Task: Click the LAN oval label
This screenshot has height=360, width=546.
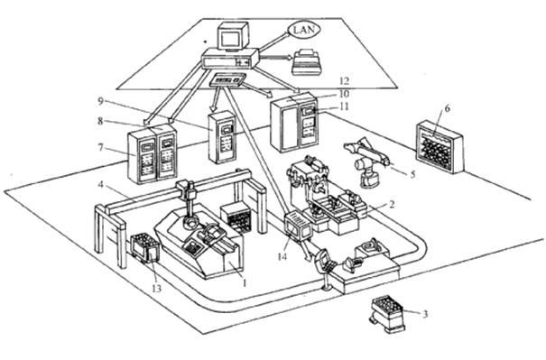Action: [304, 30]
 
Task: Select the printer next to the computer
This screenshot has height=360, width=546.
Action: [306, 62]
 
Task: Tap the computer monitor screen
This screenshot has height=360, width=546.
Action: [229, 37]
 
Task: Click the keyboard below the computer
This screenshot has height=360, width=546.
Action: [228, 80]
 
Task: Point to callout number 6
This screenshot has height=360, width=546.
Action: [447, 108]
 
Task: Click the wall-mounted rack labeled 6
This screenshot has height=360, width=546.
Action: [440, 146]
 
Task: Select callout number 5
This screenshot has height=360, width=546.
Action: [412, 174]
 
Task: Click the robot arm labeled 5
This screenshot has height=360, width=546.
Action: [367, 161]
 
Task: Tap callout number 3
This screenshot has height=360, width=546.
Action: [425, 314]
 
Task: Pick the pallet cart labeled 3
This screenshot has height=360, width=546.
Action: [386, 314]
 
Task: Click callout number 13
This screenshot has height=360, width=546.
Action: [157, 289]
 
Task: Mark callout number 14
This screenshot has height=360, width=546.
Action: [282, 257]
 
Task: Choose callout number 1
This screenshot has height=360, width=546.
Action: [244, 283]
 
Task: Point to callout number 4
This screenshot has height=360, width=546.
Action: [101, 184]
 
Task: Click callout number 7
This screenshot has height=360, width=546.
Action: [101, 148]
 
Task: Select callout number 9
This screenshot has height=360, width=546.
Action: [101, 101]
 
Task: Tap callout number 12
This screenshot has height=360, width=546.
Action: [344, 81]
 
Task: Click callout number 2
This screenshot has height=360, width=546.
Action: [392, 204]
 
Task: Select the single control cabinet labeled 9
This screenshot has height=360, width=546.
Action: [221, 137]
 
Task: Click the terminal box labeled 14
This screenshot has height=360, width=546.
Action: [298, 226]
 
